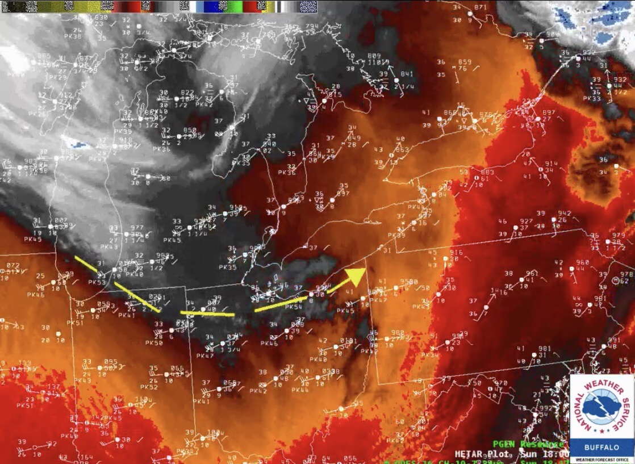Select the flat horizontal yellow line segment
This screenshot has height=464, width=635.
[x=207, y=313]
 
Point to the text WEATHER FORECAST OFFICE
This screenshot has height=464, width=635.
[x=601, y=459]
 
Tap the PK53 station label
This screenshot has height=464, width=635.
[x=97, y=282]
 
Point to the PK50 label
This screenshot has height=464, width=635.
[x=154, y=343]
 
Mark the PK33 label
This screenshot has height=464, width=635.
[x=591, y=98]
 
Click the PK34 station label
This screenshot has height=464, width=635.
[x=430, y=355]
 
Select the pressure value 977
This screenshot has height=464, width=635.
[x=137, y=228]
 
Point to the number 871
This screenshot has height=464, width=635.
[x=481, y=7]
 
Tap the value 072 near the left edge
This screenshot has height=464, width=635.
[x=13, y=265]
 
